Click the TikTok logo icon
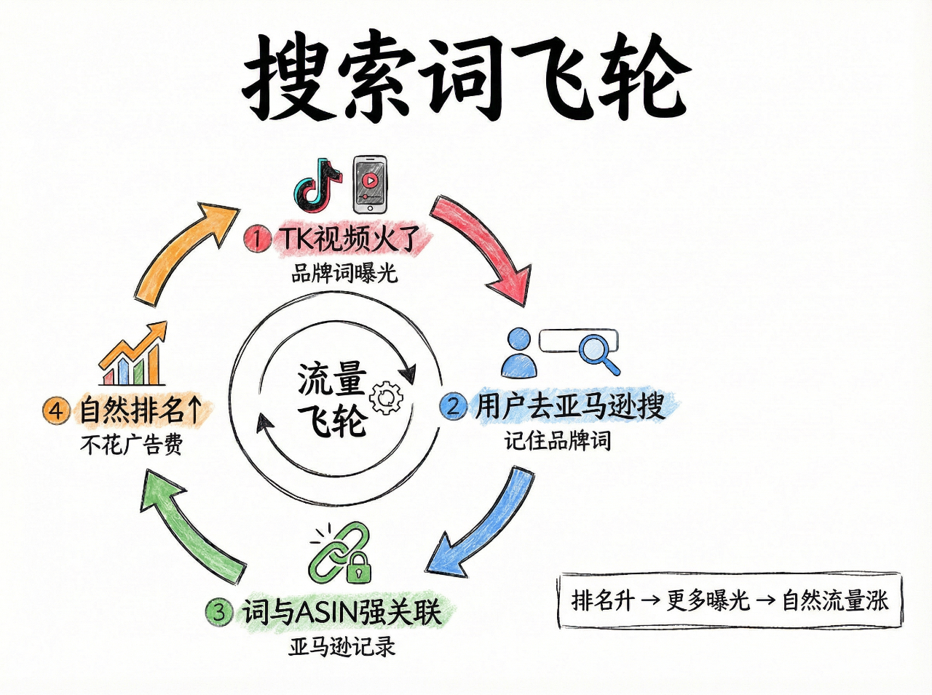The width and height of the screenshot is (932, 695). pyautogui.click(x=317, y=182)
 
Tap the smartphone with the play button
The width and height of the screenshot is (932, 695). pyautogui.click(x=369, y=183)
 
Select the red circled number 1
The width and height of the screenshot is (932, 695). pyautogui.click(x=257, y=238)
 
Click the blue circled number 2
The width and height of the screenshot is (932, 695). pyautogui.click(x=453, y=406)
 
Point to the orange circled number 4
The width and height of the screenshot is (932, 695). pyautogui.click(x=56, y=410)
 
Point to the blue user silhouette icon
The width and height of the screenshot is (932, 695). pyautogui.click(x=519, y=353)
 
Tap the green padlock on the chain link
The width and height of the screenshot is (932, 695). pyautogui.click(x=358, y=568)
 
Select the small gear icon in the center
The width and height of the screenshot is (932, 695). pyautogui.click(x=385, y=397)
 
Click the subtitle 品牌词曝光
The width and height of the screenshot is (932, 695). pyautogui.click(x=344, y=274)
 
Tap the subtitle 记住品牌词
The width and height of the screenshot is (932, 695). pyautogui.click(x=558, y=440)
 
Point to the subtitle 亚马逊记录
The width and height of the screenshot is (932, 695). pyautogui.click(x=341, y=646)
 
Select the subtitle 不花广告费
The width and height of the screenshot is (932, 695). pyautogui.click(x=132, y=444)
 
